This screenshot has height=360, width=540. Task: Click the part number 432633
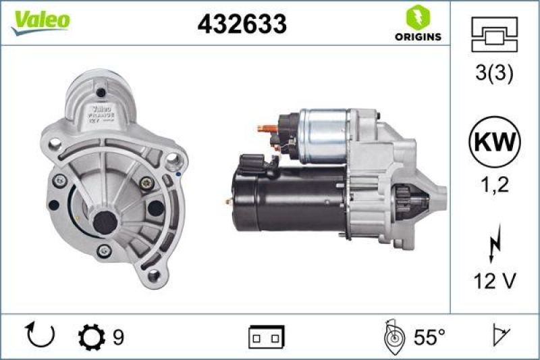coord(242,24)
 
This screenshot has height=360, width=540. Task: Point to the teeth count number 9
coord(118,336)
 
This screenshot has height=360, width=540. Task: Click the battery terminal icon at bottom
coord(266,336)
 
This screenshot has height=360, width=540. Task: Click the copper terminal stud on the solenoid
coord(265,126)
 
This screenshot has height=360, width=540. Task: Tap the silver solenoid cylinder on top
coord(324,135)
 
